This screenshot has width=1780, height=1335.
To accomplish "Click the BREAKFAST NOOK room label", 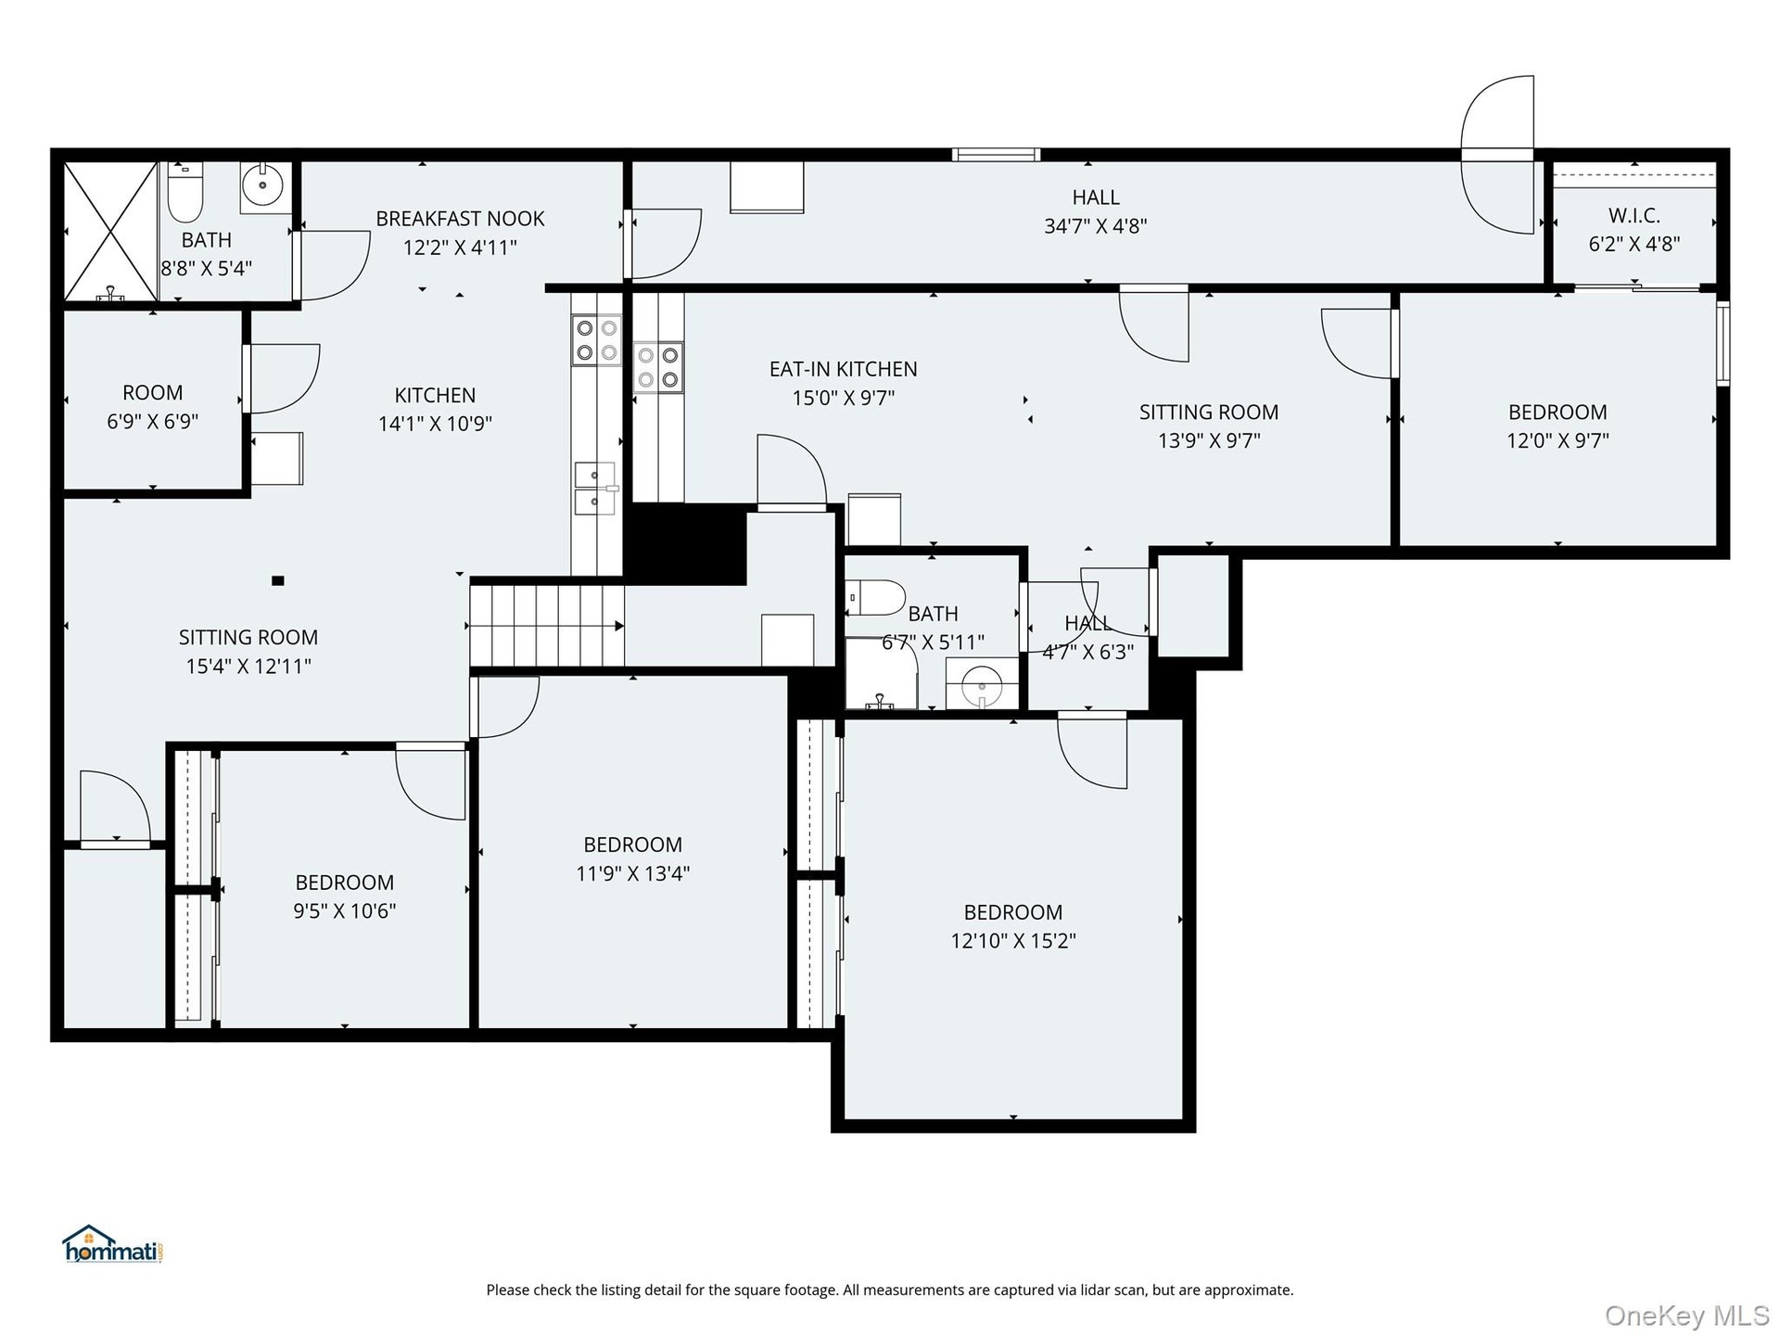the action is click(460, 219).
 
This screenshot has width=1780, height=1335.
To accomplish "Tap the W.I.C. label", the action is click(1634, 216).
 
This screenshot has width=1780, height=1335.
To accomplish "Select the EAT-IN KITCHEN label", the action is click(844, 369).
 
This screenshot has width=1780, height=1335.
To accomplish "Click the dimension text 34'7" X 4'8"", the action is click(1096, 226).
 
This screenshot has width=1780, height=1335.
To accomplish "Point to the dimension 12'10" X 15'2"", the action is click(1013, 941).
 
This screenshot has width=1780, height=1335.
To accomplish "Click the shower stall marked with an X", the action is click(110, 231).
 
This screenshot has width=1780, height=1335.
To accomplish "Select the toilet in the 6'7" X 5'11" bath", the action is click(875, 598).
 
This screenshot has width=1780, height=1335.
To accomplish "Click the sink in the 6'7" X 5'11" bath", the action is click(983, 685).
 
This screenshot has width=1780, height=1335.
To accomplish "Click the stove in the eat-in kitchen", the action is click(658, 367).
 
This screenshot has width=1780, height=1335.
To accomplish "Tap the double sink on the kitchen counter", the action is click(595, 488).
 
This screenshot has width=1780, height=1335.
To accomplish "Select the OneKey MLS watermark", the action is click(1687, 1316).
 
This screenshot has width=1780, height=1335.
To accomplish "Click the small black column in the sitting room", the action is click(277, 581).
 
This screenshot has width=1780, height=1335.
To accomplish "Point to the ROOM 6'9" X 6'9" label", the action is click(153, 407).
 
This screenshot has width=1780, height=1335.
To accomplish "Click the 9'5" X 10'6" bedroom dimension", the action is click(345, 911).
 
